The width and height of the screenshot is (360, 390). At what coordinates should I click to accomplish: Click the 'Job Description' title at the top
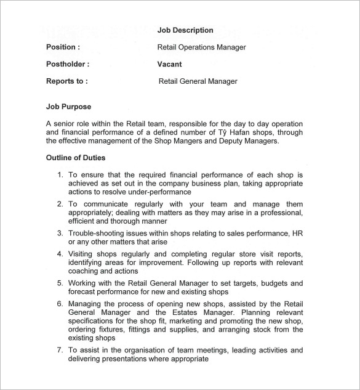click(185, 30)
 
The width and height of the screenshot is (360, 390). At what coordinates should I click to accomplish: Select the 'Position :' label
click(63, 47)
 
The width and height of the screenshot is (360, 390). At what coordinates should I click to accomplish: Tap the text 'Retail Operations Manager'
click(201, 47)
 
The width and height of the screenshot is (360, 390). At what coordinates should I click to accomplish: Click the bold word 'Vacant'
click(169, 64)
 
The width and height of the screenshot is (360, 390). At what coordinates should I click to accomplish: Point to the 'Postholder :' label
click(68, 64)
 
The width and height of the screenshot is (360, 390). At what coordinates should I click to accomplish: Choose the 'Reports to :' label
click(67, 81)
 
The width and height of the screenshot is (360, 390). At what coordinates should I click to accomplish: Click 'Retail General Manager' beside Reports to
click(198, 81)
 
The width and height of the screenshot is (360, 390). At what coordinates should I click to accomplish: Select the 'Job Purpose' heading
click(68, 107)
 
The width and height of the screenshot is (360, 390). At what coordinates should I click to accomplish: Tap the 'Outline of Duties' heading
click(76, 158)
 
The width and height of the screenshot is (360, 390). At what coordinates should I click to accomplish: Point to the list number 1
click(60, 175)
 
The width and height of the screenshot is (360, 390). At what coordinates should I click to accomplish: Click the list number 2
click(60, 204)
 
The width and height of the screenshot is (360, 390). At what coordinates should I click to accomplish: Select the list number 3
click(60, 234)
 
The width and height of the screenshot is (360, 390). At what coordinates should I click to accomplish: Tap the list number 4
click(60, 254)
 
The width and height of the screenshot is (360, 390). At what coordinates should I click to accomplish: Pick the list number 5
click(60, 283)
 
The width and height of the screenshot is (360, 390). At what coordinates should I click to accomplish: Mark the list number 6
click(60, 304)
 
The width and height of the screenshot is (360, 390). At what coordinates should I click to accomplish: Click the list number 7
click(60, 351)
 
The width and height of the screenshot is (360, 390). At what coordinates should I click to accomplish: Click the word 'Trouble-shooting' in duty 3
click(96, 234)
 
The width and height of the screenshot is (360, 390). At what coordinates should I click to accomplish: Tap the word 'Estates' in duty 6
click(188, 313)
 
